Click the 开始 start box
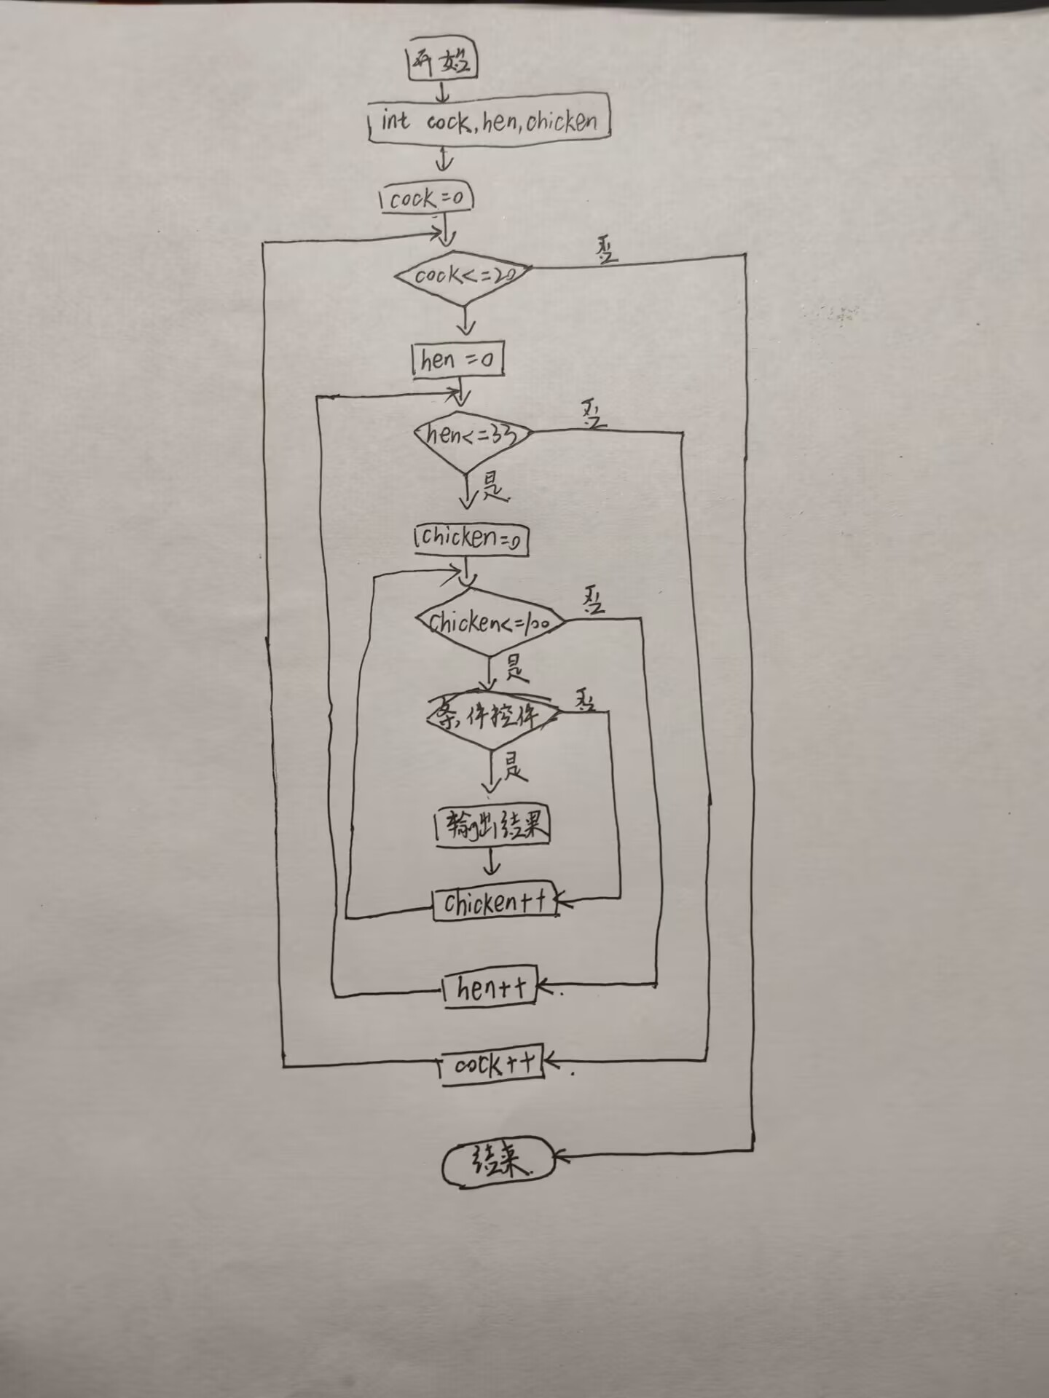tap(441, 61)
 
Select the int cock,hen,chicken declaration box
tap(488, 121)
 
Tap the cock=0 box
tap(427, 198)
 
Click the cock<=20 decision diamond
tap(463, 276)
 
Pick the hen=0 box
tap(457, 360)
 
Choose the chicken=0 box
tap(471, 539)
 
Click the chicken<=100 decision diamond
tap(491, 623)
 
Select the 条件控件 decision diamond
tap(492, 718)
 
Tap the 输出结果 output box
tap(492, 827)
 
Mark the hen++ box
tap(490, 988)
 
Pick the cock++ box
tap(492, 1065)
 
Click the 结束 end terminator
tap(498, 1161)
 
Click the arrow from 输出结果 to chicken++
tap(492, 864)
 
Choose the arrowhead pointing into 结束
tap(561, 1155)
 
